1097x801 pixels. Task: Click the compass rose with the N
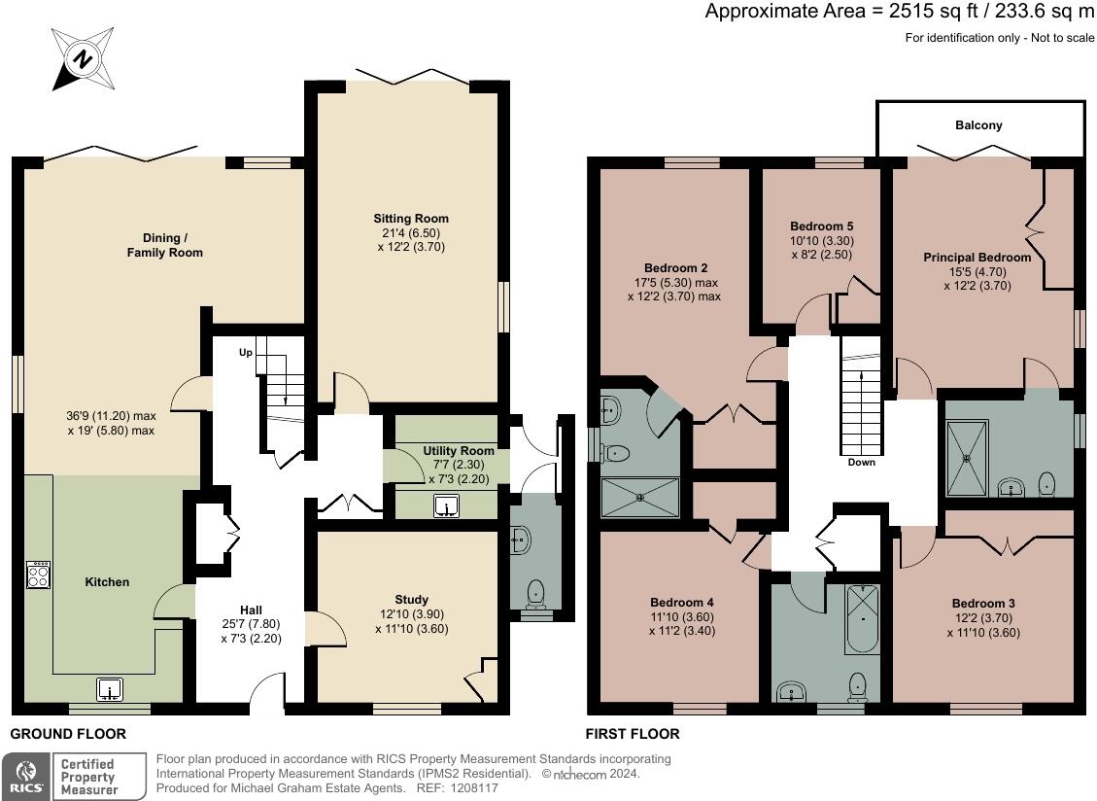83,59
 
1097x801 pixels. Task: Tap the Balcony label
978,125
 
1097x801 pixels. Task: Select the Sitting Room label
411,219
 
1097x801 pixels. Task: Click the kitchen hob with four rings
38,575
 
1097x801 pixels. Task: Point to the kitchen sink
109,689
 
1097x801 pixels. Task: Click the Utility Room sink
446,505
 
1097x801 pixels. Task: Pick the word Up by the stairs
246,352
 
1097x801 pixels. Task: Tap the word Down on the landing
861,462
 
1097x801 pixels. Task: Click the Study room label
411,600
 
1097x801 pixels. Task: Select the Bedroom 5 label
821,226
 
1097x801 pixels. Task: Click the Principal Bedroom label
977,258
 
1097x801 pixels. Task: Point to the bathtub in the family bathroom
862,619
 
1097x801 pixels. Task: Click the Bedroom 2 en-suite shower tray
640,498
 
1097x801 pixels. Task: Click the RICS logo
26,777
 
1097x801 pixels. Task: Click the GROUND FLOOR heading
68,734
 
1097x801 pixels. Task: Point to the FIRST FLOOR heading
633,734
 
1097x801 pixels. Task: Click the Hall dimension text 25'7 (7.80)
251,624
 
